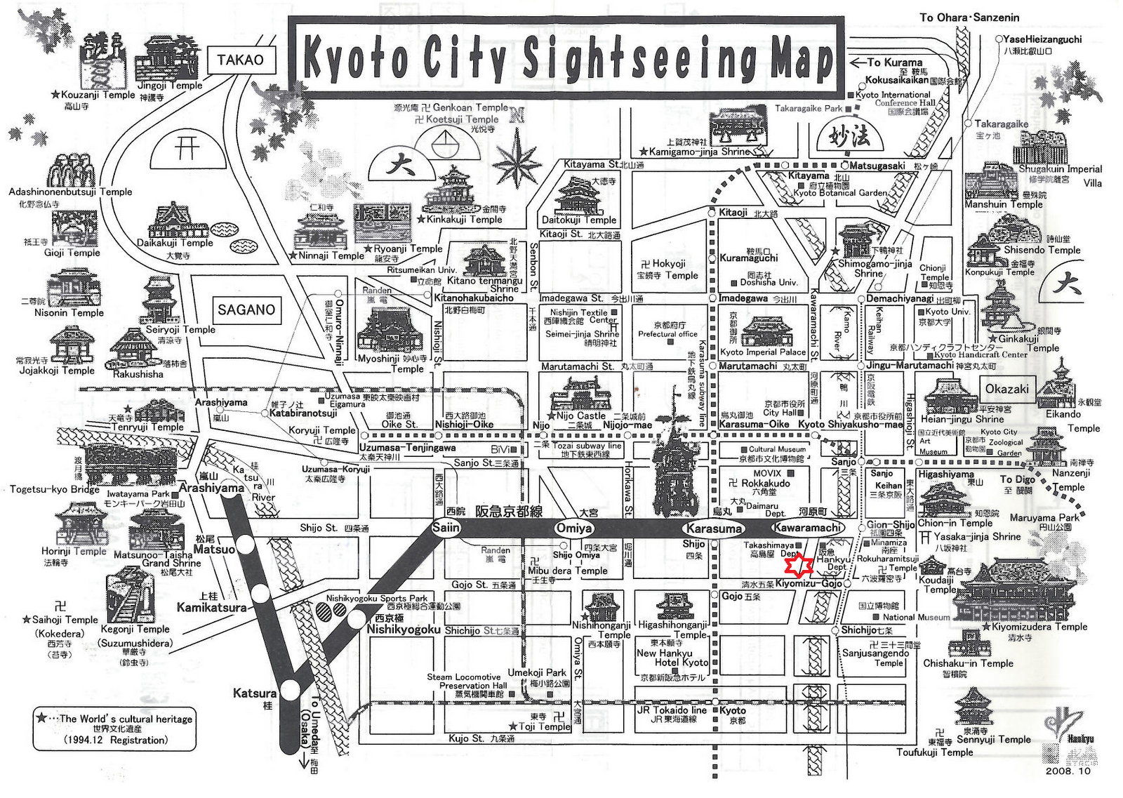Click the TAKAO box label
click(x=240, y=60)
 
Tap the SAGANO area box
click(x=246, y=310)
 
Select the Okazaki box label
click(x=1006, y=389)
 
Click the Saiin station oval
click(x=446, y=528)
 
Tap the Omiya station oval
click(x=574, y=528)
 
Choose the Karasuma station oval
click(x=714, y=528)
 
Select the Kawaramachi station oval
click(x=807, y=528)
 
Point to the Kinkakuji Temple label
click(x=465, y=219)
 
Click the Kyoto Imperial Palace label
click(x=763, y=352)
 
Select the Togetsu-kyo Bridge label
click(x=55, y=489)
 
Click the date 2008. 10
click(x=1068, y=771)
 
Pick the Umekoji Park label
click(x=537, y=672)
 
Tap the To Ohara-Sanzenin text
click(x=969, y=17)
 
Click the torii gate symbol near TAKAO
click(x=187, y=147)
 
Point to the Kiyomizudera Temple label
click(x=1039, y=627)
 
